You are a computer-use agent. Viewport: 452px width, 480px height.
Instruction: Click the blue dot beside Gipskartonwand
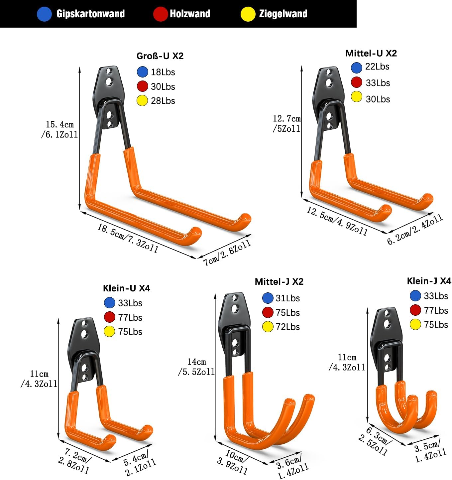[x=44, y=14]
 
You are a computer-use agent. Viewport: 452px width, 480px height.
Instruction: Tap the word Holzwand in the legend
[x=190, y=14]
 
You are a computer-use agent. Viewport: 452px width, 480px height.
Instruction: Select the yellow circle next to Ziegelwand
[x=248, y=14]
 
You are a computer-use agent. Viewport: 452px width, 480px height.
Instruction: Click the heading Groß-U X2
[x=160, y=56]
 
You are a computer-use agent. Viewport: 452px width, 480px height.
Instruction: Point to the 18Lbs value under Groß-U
[x=163, y=72]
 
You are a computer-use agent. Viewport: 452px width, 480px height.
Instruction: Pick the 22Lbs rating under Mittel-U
[x=377, y=67]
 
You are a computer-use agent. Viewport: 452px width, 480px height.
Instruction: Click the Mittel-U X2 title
[x=371, y=53]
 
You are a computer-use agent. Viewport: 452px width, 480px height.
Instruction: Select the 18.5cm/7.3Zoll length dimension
[x=128, y=238]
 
